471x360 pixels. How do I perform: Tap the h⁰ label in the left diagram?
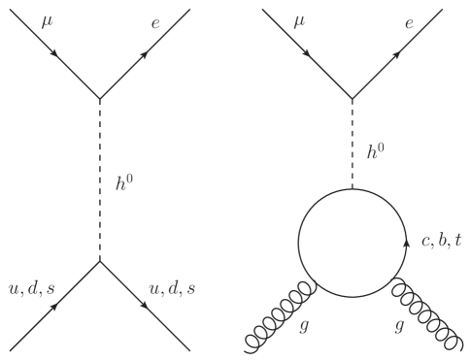pos(122,180)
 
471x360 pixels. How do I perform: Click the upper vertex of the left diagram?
pos(99,98)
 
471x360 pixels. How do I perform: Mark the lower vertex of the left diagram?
pos(99,260)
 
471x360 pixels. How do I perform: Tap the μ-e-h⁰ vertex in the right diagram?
pos(351,98)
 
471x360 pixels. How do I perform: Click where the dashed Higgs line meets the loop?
pos(351,188)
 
